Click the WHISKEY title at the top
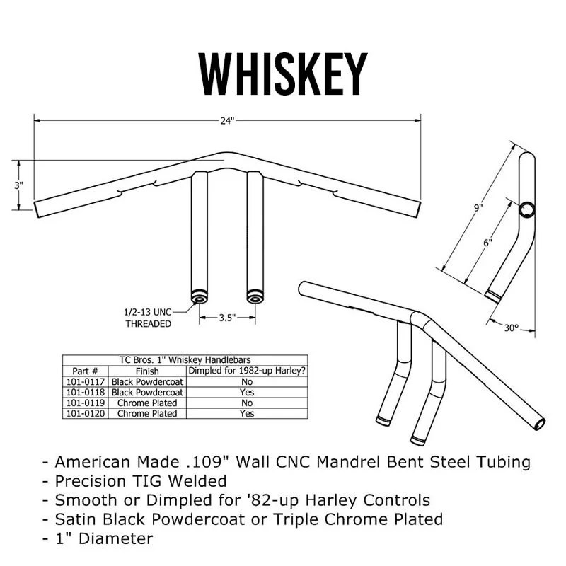click(x=283, y=74)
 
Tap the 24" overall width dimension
click(x=226, y=121)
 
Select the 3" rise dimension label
click(x=19, y=185)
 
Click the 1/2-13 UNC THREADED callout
click(x=148, y=318)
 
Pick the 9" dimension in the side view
click(x=478, y=208)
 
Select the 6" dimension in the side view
click(x=487, y=242)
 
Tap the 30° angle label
click(x=511, y=328)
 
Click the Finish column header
click(x=148, y=371)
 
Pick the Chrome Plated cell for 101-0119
click(x=148, y=403)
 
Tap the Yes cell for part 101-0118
click(x=246, y=392)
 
